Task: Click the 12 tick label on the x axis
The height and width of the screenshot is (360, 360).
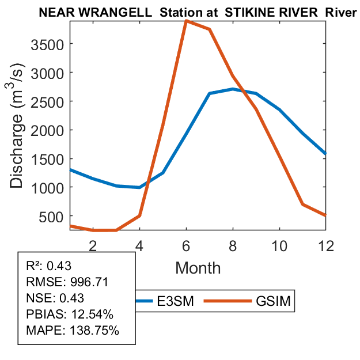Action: [325, 245]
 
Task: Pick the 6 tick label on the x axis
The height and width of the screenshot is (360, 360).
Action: [186, 245]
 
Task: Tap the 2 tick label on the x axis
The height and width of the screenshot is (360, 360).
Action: [93, 245]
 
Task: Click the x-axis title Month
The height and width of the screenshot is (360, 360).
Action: [198, 268]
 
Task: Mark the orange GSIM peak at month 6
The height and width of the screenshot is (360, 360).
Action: [186, 21]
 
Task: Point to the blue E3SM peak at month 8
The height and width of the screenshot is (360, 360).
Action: [233, 89]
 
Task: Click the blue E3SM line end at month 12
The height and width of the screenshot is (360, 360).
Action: [325, 153]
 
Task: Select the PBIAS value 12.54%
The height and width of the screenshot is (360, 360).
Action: [94, 314]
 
